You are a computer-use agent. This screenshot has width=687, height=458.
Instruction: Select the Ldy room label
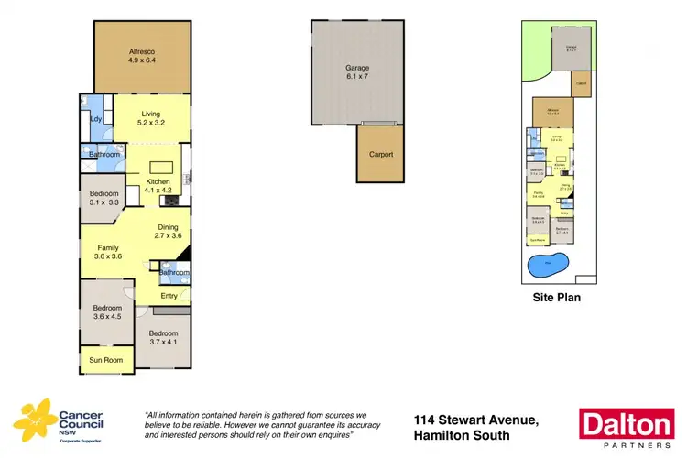pyautogui.click(x=95, y=120)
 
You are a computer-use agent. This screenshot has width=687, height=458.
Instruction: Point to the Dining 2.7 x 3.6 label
pyautogui.click(x=169, y=231)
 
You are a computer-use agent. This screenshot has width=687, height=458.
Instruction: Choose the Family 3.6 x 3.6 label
pyautogui.click(x=108, y=252)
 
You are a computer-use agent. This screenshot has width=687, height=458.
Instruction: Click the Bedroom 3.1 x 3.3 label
pyautogui.click(x=104, y=198)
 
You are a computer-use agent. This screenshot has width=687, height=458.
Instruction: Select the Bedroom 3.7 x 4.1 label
pyautogui.click(x=163, y=337)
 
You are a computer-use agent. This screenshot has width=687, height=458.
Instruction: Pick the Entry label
pyautogui.click(x=169, y=295)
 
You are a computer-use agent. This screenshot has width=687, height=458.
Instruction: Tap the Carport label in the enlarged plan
pyautogui.click(x=380, y=155)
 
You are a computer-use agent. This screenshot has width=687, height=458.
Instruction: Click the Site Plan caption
pyautogui.click(x=556, y=298)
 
